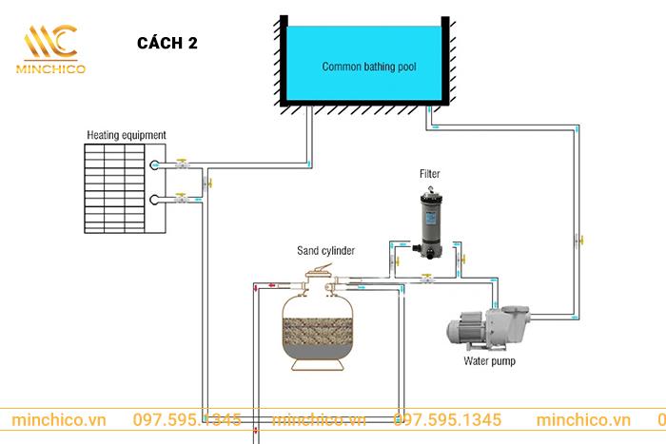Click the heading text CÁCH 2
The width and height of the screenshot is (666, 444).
click(x=168, y=43)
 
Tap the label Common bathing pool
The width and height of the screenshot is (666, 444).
click(x=369, y=68)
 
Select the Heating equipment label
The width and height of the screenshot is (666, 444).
click(x=127, y=135)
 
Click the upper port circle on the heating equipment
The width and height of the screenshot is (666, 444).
click(x=156, y=165)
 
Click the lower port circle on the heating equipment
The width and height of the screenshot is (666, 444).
click(x=156, y=200)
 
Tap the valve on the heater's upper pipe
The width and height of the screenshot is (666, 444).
click(x=181, y=165)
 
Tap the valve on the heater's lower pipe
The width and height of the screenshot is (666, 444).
click(x=181, y=199)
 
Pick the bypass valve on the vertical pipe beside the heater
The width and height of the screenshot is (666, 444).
click(x=209, y=182)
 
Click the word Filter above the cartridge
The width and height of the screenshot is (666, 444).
click(x=429, y=174)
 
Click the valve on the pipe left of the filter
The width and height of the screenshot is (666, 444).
click(x=391, y=254)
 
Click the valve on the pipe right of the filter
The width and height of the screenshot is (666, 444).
click(x=460, y=255)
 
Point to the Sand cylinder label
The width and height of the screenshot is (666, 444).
click(x=324, y=251)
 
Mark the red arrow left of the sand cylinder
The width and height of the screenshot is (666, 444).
click(x=271, y=283)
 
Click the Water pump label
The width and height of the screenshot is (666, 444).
click(x=491, y=361)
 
